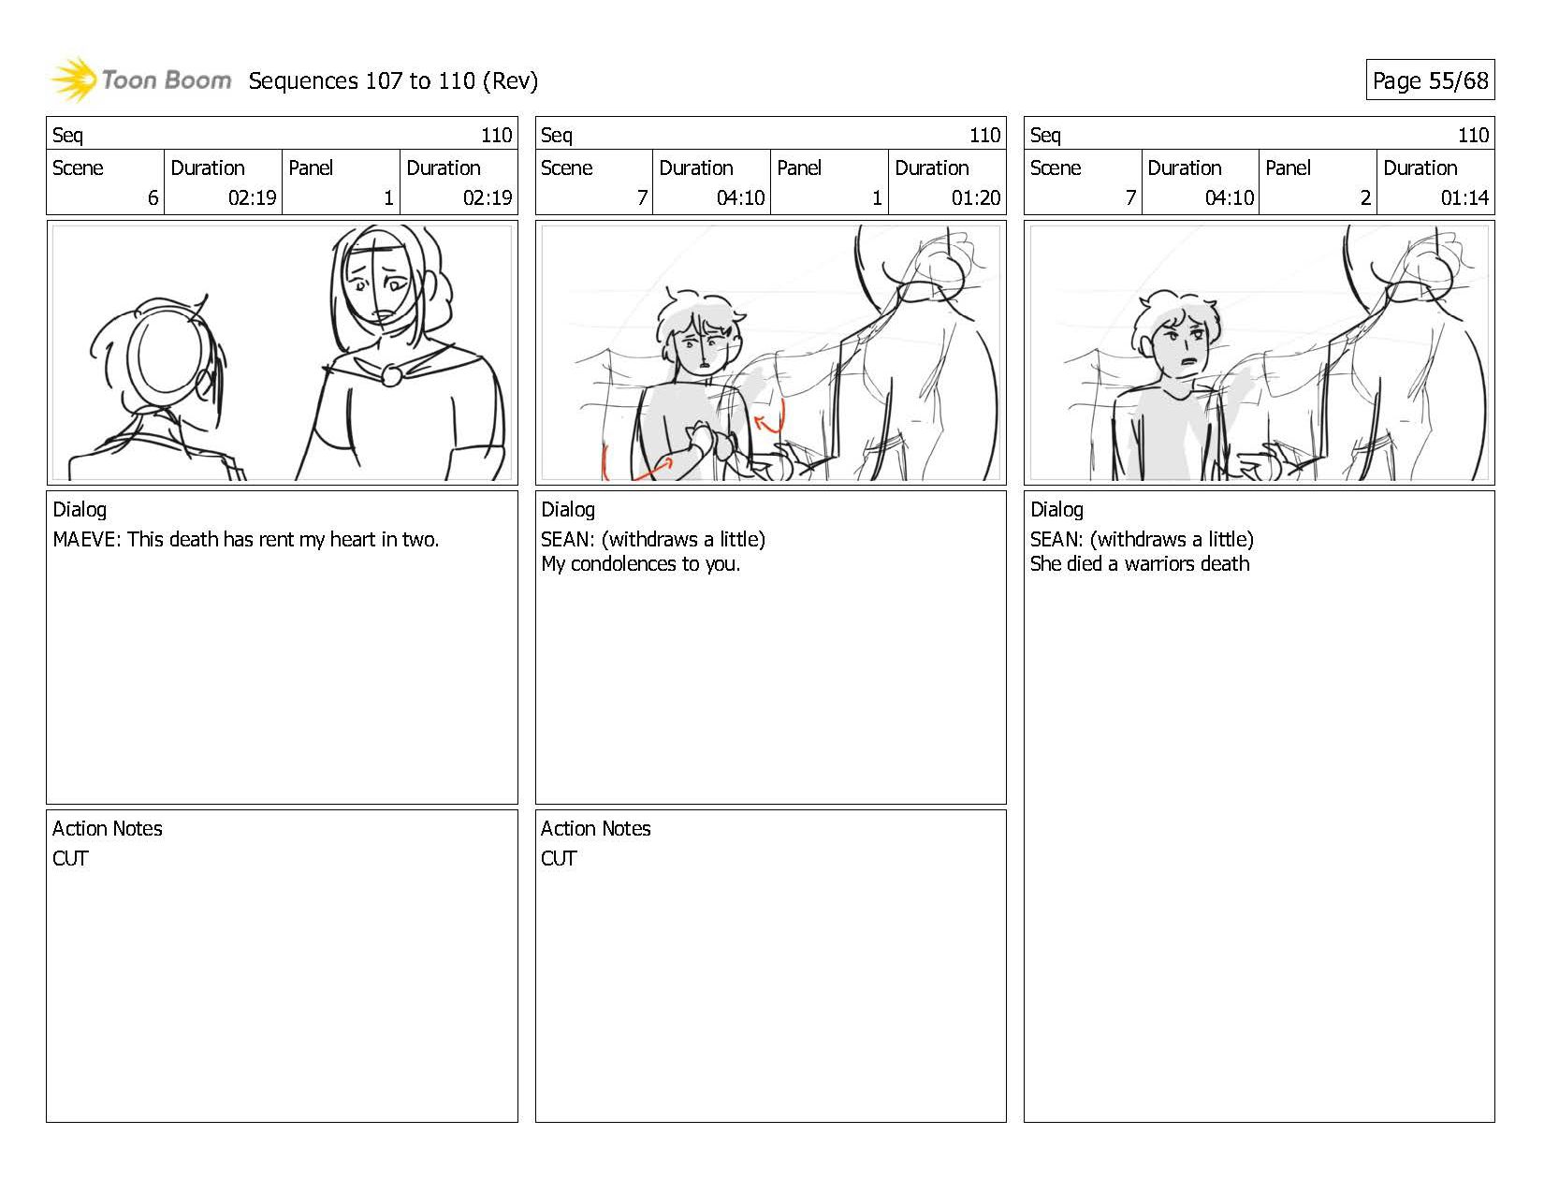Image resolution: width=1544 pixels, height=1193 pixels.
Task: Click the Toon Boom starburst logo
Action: (x=73, y=80)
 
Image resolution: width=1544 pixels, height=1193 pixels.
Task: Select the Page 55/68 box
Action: (x=1430, y=80)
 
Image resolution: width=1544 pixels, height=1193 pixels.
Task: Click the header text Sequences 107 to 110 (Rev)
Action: (x=393, y=81)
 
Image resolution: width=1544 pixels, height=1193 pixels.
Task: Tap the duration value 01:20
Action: (x=976, y=197)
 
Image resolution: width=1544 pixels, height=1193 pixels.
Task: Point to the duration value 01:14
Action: (x=1464, y=197)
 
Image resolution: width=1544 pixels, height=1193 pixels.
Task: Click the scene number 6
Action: (x=153, y=197)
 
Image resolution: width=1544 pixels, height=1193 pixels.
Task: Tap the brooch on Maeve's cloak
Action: (x=391, y=374)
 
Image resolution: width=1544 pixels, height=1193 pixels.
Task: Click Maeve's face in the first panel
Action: (x=379, y=280)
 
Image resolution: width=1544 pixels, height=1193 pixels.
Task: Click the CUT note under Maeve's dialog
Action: (x=70, y=858)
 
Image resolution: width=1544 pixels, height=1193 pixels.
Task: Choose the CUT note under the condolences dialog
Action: (x=559, y=858)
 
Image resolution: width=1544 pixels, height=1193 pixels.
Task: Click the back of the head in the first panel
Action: (x=167, y=356)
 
